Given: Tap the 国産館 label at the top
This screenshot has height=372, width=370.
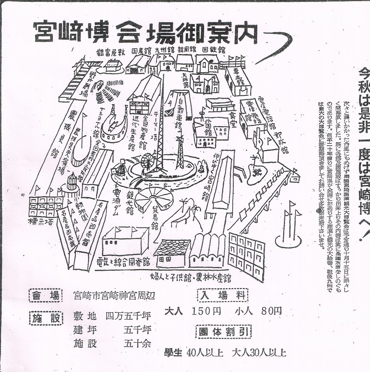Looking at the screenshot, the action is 140,50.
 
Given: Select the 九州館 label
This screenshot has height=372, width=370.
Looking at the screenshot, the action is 163,50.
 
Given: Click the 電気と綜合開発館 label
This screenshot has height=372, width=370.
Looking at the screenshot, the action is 124,261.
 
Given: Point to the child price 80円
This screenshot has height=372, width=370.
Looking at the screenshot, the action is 271,311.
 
